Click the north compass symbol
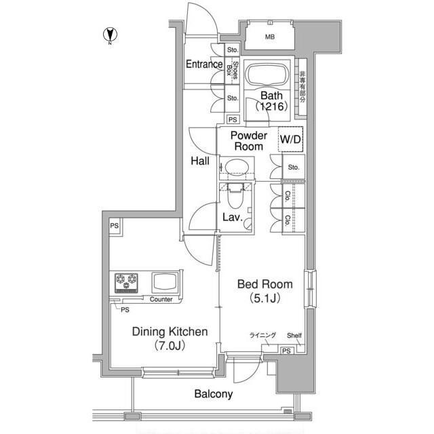coord(110,35)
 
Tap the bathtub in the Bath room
coord(267,75)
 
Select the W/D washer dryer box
coord(290,139)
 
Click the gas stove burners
coord(127,283)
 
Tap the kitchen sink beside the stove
coord(165,283)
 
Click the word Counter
coord(161,299)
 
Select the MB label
coord(270,37)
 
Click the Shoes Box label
coord(232,70)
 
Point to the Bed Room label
coord(265,284)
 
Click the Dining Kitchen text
coord(170,332)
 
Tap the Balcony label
coord(214,394)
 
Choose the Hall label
coord(200,161)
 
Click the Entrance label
coord(204,64)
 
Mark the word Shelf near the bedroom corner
coord(294,336)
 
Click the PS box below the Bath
coord(233,119)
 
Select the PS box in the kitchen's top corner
coord(115,226)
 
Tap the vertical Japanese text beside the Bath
coord(302,87)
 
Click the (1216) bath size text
coord(271,106)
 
